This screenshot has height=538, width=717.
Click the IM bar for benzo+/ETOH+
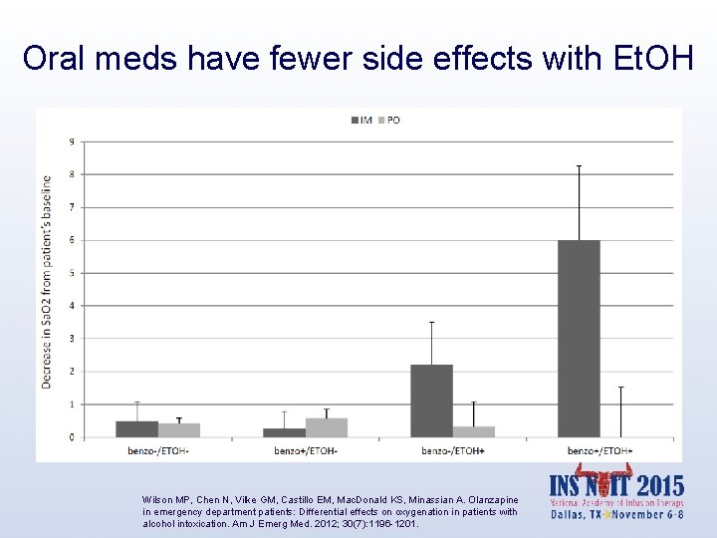point(579,339)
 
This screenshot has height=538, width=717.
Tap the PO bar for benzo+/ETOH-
point(327,427)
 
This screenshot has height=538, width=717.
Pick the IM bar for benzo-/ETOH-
point(136,429)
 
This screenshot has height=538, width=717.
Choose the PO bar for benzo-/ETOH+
point(474,431)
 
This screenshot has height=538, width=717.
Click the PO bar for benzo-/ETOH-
point(179,430)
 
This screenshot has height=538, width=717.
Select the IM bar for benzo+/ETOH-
point(284,432)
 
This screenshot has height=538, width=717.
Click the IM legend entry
point(359,121)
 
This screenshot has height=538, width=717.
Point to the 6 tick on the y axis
point(70,240)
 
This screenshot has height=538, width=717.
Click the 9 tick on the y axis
point(70,141)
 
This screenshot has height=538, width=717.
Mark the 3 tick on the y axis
point(70,339)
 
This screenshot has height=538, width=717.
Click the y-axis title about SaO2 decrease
point(48,282)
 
